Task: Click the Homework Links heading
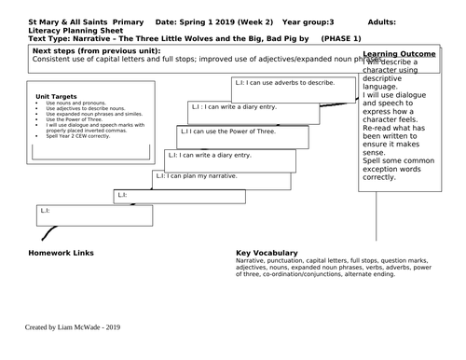pos(61,253)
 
